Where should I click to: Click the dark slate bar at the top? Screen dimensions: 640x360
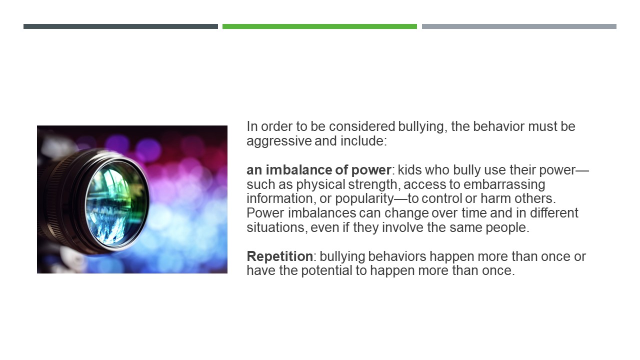120,26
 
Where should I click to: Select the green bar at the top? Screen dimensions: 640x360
319,26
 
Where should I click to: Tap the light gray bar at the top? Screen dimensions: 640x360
519,26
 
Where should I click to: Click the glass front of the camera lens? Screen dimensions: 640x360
116,203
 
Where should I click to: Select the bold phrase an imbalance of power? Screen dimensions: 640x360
319,170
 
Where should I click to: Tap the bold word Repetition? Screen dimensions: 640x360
279,256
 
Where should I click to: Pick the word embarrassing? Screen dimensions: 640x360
504,185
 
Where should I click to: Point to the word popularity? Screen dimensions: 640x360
364,199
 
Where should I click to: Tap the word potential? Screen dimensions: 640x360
326,271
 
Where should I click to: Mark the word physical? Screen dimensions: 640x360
320,185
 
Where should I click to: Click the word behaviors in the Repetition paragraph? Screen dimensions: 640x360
397,256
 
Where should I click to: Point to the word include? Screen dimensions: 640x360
363,141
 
